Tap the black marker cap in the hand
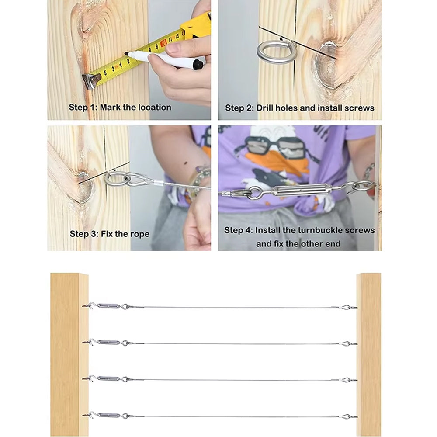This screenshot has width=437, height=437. tap(198, 64)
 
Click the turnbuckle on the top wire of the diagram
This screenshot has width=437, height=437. tap(109, 306)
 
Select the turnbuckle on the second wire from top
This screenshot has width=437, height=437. tap(109, 342)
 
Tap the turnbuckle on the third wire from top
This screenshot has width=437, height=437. tap(109, 378)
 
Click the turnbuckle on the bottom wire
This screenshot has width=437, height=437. tap(109, 415)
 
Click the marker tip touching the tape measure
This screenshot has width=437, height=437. tap(126, 53)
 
